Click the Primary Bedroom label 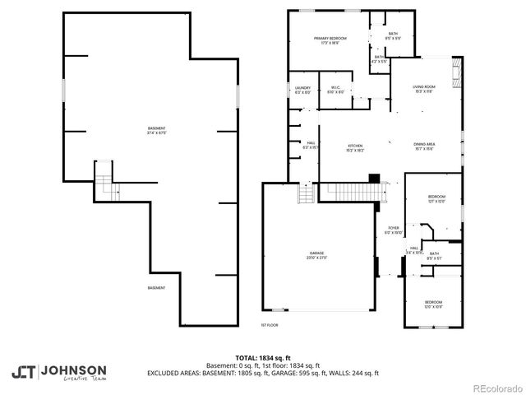[x=330, y=40]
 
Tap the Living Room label [x=424, y=87]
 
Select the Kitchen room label [x=355, y=145]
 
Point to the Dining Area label [x=424, y=145]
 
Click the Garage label [x=317, y=253]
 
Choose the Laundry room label [x=302, y=88]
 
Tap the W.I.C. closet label [x=336, y=88]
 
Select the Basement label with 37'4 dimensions [x=156, y=128]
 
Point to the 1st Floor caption [x=270, y=325]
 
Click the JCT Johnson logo [x=58, y=372]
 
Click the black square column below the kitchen [x=375, y=177]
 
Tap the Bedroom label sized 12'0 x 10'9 [x=432, y=304]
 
